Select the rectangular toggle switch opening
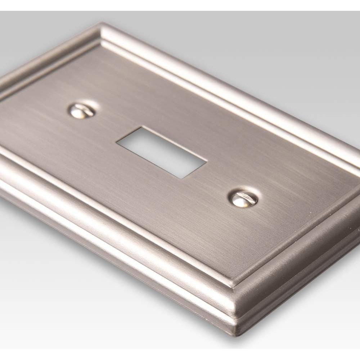coord(161,152)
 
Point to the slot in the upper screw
coord(83,111)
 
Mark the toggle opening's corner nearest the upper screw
coord(116,143)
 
